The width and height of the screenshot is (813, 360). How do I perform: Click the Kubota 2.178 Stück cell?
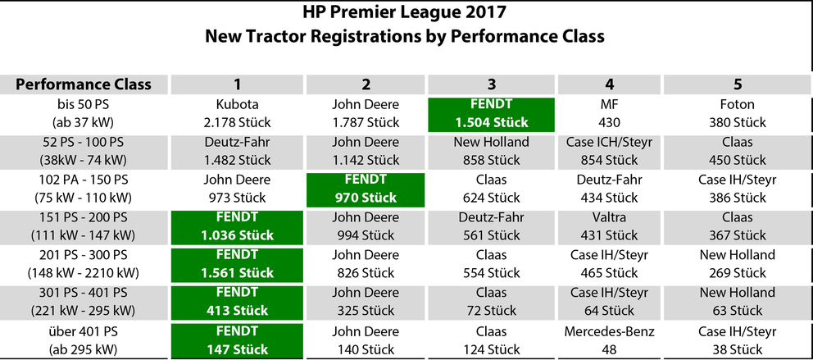coord(236,114)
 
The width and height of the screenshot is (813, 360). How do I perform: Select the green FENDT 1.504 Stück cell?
coord(491,114)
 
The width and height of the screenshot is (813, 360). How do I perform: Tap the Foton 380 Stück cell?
coord(738,114)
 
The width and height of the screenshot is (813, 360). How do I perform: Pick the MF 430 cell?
coord(609,114)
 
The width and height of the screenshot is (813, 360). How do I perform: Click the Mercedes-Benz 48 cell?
coord(609,340)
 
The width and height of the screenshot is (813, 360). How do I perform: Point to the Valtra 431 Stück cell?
coord(609,226)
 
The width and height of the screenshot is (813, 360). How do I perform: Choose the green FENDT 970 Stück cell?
coord(366,189)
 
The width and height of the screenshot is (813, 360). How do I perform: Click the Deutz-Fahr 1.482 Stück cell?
coord(236,151)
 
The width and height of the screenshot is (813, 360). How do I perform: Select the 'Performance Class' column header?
coord(84,84)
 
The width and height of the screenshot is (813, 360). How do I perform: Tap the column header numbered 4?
coord(609,84)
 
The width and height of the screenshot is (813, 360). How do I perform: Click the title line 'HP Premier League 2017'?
coord(404,12)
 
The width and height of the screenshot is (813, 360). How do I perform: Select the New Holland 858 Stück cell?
coord(491,151)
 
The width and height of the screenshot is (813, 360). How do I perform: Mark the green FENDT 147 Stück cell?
coord(236,340)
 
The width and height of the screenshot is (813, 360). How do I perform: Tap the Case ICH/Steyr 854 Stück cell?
coord(609,151)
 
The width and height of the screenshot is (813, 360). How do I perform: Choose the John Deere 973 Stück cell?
coord(236,189)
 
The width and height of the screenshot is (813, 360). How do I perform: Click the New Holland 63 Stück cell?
coord(738,302)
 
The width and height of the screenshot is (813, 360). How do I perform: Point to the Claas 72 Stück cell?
coord(491,302)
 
